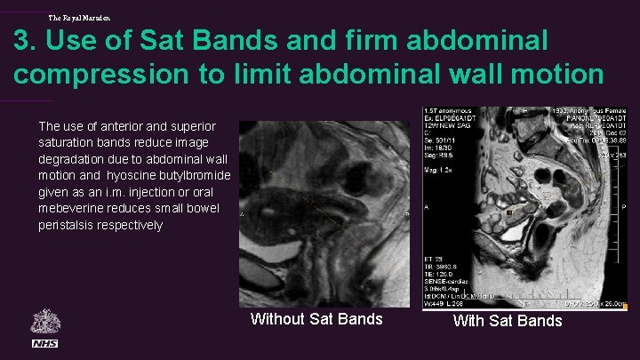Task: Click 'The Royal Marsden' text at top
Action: click(80, 16)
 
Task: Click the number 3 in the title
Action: click(24, 42)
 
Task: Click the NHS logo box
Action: click(44, 343)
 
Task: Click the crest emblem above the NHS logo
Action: click(44, 322)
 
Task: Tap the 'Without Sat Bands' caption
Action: click(316, 319)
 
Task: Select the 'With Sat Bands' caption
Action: click(508, 320)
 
